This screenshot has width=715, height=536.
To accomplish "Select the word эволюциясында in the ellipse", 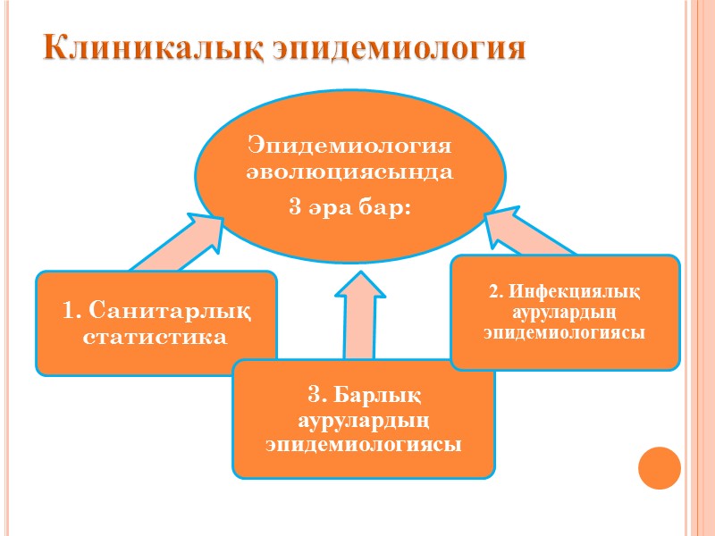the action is pyautogui.click(x=350, y=172).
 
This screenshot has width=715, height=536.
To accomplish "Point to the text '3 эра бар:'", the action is pyautogui.click(x=350, y=208).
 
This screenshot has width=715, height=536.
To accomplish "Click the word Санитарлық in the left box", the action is pyautogui.click(x=170, y=312).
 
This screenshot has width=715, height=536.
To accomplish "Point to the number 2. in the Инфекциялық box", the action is pyautogui.click(x=497, y=292).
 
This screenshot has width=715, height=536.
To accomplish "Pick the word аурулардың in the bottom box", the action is pyautogui.click(x=364, y=419).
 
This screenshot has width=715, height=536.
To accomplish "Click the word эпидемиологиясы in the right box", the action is pyautogui.click(x=565, y=332).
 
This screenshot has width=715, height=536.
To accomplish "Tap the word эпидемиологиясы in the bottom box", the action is pyautogui.click(x=364, y=443).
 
